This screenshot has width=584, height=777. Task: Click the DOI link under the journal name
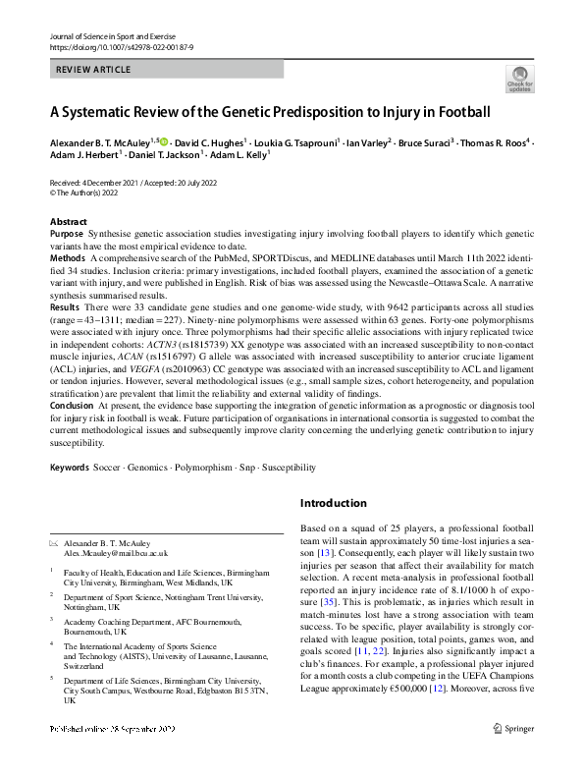[x=115, y=46]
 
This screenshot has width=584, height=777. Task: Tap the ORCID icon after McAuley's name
[x=164, y=140]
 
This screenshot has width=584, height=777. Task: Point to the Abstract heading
[x=68, y=222]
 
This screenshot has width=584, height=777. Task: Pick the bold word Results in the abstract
[x=66, y=306]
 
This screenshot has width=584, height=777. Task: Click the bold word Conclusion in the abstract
[x=73, y=406]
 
